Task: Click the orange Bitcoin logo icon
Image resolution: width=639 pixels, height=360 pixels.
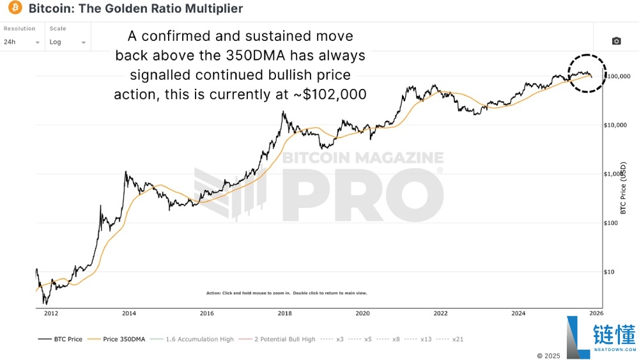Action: tap(15, 9)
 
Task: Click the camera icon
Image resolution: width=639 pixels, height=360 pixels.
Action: tap(616, 41)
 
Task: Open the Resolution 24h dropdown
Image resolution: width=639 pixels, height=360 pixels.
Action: tap(22, 42)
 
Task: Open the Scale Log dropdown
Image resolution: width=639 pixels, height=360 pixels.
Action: tap(67, 42)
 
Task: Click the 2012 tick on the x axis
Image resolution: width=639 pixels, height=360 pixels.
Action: tap(51, 313)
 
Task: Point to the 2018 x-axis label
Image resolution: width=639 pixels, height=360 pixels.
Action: tap(284, 313)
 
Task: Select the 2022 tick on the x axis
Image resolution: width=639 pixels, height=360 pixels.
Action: tap(440, 313)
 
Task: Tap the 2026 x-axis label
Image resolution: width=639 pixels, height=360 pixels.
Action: tap(596, 313)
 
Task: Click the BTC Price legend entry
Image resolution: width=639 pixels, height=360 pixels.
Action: tap(61, 339)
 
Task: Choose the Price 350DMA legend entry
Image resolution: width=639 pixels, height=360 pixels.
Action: tap(121, 339)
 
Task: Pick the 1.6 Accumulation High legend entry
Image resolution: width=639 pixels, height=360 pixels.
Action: tap(197, 339)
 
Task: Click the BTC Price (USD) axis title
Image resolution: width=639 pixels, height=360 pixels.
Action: tap(624, 186)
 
